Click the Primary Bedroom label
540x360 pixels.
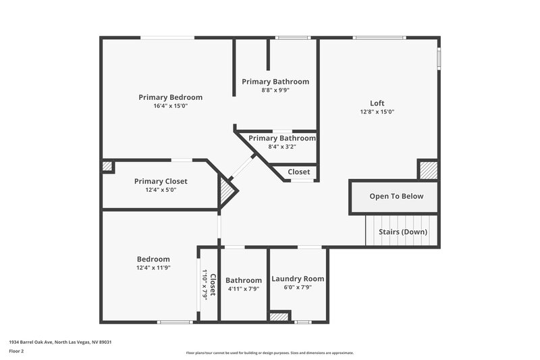(170, 97)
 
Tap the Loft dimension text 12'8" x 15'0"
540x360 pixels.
(377, 112)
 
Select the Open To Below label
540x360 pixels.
(396, 197)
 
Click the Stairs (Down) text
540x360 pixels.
(402, 232)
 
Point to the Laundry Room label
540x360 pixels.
(297, 279)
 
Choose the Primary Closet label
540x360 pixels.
(161, 181)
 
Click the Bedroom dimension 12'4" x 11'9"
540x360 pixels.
(153, 267)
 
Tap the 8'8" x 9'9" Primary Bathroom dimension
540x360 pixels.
(275, 91)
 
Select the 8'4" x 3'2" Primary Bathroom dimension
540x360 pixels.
(281, 147)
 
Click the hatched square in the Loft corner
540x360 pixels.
(428, 170)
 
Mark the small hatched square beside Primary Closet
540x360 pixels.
(107, 166)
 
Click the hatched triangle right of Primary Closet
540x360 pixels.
(227, 192)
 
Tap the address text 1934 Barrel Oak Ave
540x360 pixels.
(60, 342)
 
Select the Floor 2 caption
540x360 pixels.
(17, 351)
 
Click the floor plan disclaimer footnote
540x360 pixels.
(269, 353)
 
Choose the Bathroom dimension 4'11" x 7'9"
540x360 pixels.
(243, 289)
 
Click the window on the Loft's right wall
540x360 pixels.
(439, 58)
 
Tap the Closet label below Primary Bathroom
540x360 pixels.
(298, 172)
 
